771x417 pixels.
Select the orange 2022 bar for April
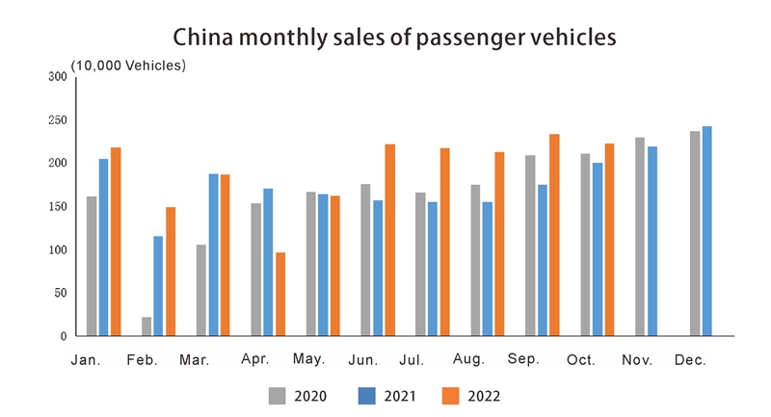click(280, 294)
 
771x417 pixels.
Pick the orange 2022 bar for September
click(554, 235)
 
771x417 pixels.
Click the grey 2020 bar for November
click(640, 237)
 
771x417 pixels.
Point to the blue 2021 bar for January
click(104, 248)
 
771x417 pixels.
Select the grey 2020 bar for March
click(201, 290)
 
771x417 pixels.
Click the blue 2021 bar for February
click(158, 286)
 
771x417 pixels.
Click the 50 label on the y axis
click(59, 293)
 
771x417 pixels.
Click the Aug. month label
click(467, 359)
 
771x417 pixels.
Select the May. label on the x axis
click(308, 359)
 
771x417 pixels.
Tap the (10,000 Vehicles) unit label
click(128, 65)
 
